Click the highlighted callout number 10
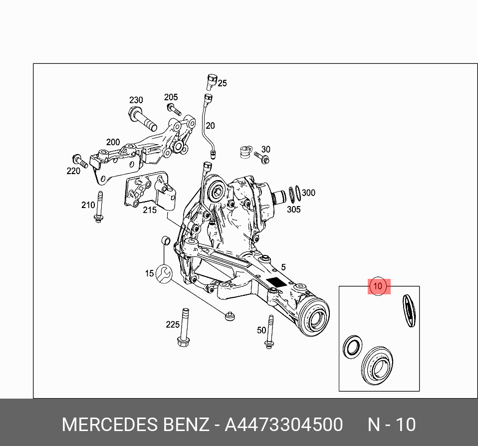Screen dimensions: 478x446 pyautogui.click(x=378, y=286)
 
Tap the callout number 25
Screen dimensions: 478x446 pyautogui.click(x=222, y=83)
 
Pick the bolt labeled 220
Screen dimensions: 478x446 pyautogui.click(x=79, y=160)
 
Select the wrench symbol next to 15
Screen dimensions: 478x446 pyautogui.click(x=164, y=273)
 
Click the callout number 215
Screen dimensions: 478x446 pyautogui.click(x=150, y=210)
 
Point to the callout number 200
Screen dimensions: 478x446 pyautogui.click(x=113, y=142)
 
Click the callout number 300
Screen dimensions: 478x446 pyautogui.click(x=308, y=193)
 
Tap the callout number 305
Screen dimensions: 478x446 pyautogui.click(x=293, y=210)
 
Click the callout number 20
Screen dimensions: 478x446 pyautogui.click(x=210, y=126)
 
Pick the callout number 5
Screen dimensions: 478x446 pyautogui.click(x=283, y=266)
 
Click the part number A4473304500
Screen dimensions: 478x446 pyautogui.click(x=283, y=425)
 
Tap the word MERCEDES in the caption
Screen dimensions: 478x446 pyautogui.click(x=110, y=425)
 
